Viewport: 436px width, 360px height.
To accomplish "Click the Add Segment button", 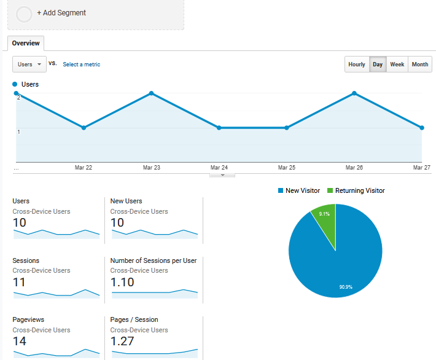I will [x=61, y=13].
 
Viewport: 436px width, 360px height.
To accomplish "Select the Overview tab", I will [x=26, y=43].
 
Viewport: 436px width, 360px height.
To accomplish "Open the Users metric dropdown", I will [x=29, y=64].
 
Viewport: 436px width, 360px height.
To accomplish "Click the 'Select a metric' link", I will [x=81, y=65].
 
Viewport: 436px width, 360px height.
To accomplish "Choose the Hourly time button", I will [x=357, y=65].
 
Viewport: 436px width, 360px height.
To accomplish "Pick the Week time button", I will [x=397, y=65].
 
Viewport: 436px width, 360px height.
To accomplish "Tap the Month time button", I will [x=420, y=65].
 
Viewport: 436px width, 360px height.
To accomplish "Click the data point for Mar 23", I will [x=152, y=93].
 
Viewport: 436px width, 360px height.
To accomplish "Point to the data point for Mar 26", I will [x=354, y=93].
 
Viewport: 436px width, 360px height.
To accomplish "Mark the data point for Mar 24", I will [x=219, y=128].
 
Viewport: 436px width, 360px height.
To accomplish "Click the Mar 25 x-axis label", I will [x=287, y=167].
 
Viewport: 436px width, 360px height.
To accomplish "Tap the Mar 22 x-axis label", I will [x=84, y=167].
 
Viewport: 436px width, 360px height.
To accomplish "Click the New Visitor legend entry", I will [x=299, y=190].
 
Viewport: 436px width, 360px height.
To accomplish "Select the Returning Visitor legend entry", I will [x=356, y=190].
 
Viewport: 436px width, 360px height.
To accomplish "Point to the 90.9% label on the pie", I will [x=346, y=287].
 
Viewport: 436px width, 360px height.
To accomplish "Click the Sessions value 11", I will [x=18, y=282].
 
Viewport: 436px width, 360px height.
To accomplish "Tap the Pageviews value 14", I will [x=20, y=342].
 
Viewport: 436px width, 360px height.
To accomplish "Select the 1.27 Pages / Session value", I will [x=122, y=342].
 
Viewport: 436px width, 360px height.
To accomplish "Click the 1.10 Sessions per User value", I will [x=122, y=282].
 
